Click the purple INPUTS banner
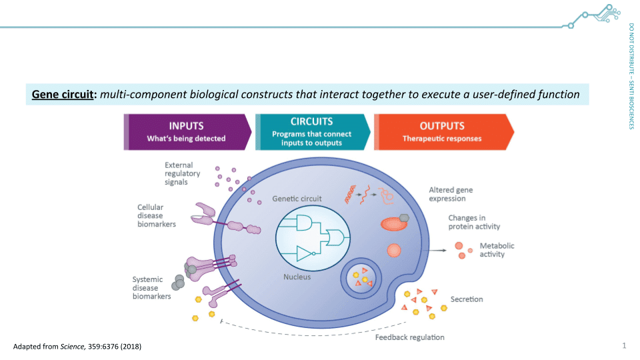click(187, 131)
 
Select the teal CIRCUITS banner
click(312, 131)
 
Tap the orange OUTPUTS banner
click(443, 131)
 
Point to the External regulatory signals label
click(179, 173)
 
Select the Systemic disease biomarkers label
click(151, 288)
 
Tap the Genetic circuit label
click(297, 199)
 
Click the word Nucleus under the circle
click(296, 277)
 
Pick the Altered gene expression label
click(451, 194)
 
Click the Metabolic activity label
click(497, 250)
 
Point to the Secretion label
click(467, 299)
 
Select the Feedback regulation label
click(409, 337)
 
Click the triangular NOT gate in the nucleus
click(305, 254)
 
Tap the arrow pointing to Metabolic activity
click(437, 251)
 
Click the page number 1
click(624, 345)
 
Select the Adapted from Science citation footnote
click(77, 347)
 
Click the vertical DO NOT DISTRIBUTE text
click(631, 77)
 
